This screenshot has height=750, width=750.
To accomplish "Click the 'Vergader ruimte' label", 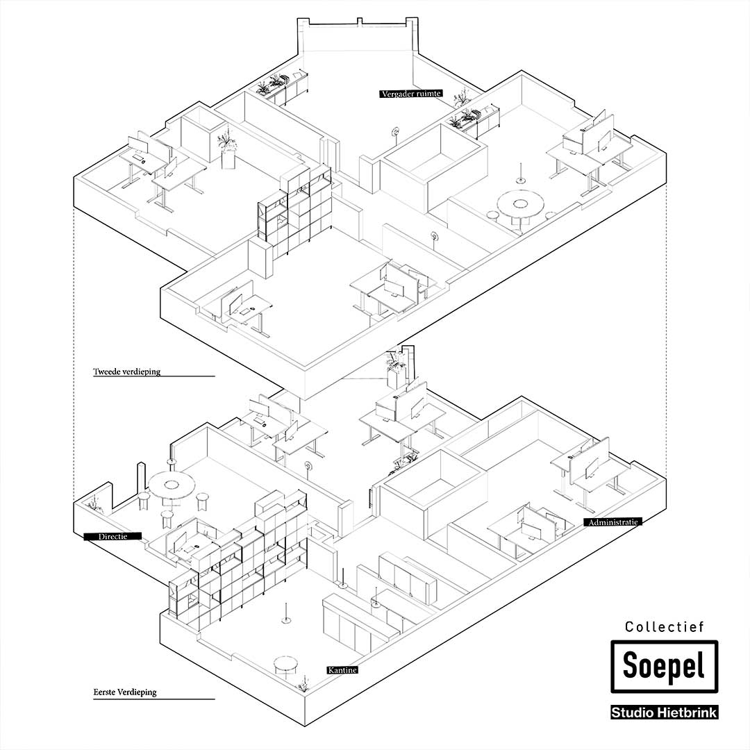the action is click(411, 94).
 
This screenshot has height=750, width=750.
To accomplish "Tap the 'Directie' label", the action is click(112, 536).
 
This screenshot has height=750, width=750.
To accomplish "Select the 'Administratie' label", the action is click(612, 522).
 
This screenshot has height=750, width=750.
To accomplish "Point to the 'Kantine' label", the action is click(342, 670).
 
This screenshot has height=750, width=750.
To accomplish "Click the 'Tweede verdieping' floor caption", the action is click(126, 372).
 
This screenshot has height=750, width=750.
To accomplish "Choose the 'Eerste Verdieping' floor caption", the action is click(125, 692).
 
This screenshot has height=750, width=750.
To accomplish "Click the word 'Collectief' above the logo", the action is click(665, 627).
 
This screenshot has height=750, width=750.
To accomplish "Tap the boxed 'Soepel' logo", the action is click(663, 667).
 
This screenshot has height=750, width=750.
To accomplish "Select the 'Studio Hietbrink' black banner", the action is click(663, 712).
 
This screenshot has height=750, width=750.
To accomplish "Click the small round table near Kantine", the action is click(285, 665).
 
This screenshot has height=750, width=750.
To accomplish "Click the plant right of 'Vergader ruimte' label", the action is click(460, 96).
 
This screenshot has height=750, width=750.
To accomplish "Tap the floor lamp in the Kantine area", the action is click(287, 611).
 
